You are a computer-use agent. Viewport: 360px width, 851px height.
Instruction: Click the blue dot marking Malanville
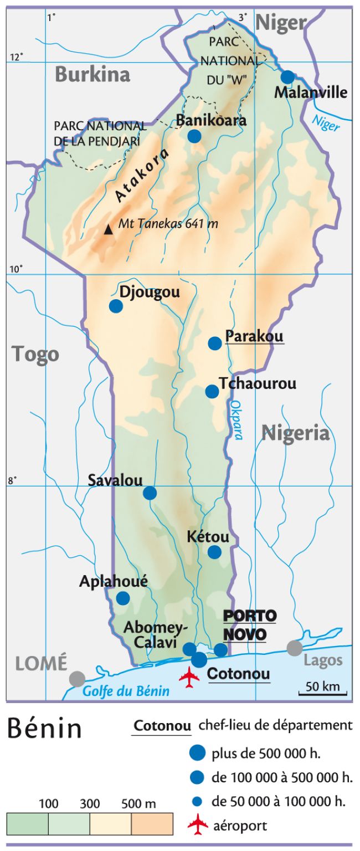click(x=287, y=77)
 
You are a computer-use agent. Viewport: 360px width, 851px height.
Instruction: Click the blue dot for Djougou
click(x=116, y=306)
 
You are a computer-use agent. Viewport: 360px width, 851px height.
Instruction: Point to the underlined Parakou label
click(x=254, y=336)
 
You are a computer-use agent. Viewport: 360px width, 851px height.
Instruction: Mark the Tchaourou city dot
click(x=212, y=392)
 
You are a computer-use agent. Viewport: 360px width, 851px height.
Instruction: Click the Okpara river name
click(x=236, y=420)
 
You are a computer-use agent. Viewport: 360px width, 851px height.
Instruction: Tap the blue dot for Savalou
click(x=150, y=493)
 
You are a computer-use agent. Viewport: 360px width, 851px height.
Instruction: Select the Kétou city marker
click(x=214, y=552)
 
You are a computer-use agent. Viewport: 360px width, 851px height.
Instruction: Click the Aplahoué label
click(x=114, y=581)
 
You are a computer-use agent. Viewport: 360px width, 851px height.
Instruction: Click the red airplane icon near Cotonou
click(x=189, y=677)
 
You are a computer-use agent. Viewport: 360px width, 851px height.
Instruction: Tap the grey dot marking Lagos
click(x=295, y=648)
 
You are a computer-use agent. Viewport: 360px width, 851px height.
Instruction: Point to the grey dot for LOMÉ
click(x=78, y=678)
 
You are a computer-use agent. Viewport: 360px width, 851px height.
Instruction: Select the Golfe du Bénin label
click(x=126, y=691)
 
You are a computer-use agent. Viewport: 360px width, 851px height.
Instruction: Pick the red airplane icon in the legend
click(x=197, y=826)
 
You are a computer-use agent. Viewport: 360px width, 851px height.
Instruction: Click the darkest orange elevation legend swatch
click(x=152, y=824)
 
